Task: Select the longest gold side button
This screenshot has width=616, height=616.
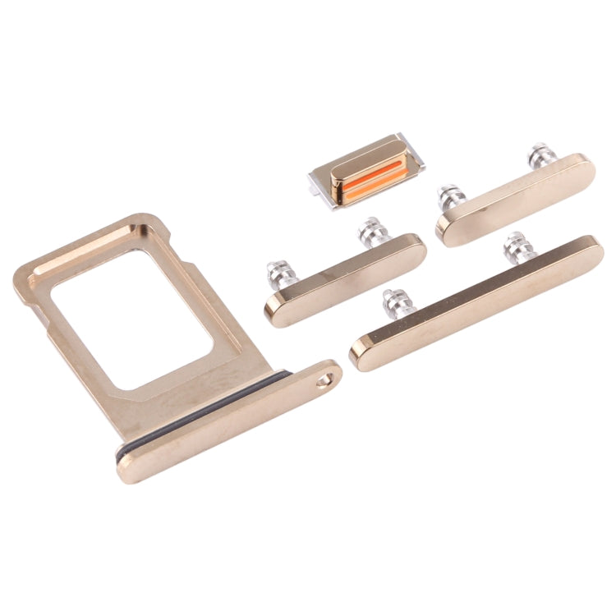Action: [x=476, y=304]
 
